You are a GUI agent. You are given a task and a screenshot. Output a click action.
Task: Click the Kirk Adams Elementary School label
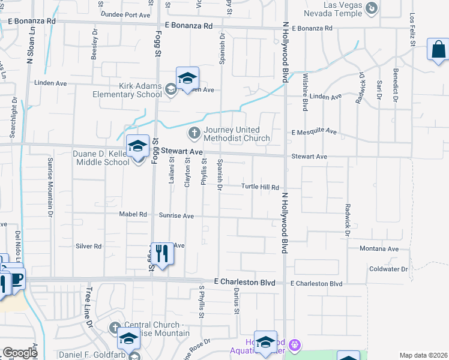click(x=127, y=90)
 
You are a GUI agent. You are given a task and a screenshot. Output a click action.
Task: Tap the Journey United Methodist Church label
click(x=237, y=134)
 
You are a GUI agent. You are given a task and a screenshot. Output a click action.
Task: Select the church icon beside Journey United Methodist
click(x=194, y=132)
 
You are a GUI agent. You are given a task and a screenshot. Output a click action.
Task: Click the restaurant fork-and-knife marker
click(x=161, y=253)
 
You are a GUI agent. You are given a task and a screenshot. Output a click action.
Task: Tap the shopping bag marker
click(x=438, y=49)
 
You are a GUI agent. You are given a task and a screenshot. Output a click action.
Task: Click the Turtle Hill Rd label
click(x=261, y=187)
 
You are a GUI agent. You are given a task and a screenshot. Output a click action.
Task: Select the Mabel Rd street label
click(x=136, y=214)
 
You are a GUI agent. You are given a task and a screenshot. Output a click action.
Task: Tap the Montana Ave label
click(x=379, y=249)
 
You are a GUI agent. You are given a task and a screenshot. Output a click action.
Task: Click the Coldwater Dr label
click(x=389, y=269)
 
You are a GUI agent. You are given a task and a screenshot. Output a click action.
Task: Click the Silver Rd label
click(x=89, y=246)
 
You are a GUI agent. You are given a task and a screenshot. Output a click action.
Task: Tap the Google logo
click(x=20, y=353)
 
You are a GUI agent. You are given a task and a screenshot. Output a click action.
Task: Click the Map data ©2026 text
click(x=423, y=355)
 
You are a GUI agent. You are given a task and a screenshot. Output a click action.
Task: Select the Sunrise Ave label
click(x=176, y=215)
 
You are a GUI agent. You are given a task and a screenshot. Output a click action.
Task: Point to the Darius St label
click(x=237, y=301)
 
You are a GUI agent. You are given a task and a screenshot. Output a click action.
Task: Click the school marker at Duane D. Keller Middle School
click(x=137, y=146)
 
